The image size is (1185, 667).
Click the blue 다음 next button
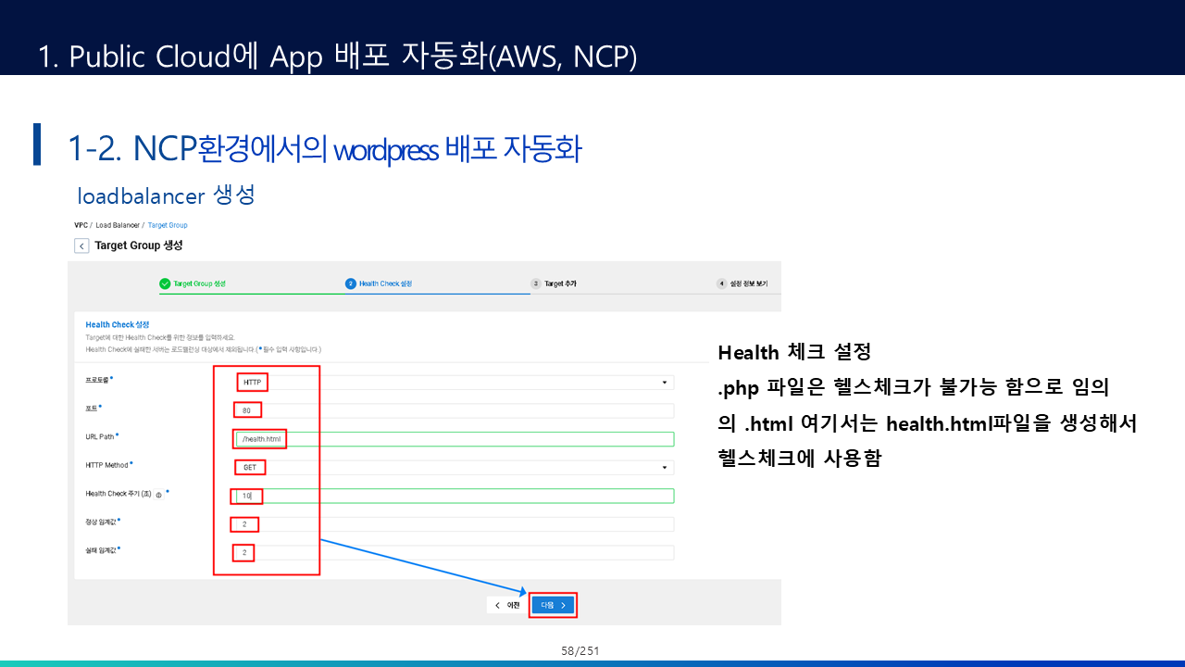tap(553, 605)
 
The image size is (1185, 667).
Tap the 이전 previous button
tap(507, 605)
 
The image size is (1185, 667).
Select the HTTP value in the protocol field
tap(252, 382)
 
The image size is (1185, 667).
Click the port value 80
tap(247, 409)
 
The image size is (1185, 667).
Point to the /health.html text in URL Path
tap(260, 439)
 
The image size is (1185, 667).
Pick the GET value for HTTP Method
tap(250, 468)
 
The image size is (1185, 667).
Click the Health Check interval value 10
tap(247, 496)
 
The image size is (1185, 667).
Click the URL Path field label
tap(100, 436)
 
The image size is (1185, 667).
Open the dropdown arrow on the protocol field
tap(664, 382)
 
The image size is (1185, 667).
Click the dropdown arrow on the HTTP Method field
tap(664, 468)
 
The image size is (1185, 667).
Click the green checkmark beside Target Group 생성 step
tap(165, 283)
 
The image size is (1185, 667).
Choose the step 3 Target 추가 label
tap(559, 283)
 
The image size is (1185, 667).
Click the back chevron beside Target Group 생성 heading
tap(81, 245)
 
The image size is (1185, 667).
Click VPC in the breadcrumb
tap(81, 225)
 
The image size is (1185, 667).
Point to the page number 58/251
tap(580, 651)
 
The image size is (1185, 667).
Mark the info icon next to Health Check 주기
tap(159, 496)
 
